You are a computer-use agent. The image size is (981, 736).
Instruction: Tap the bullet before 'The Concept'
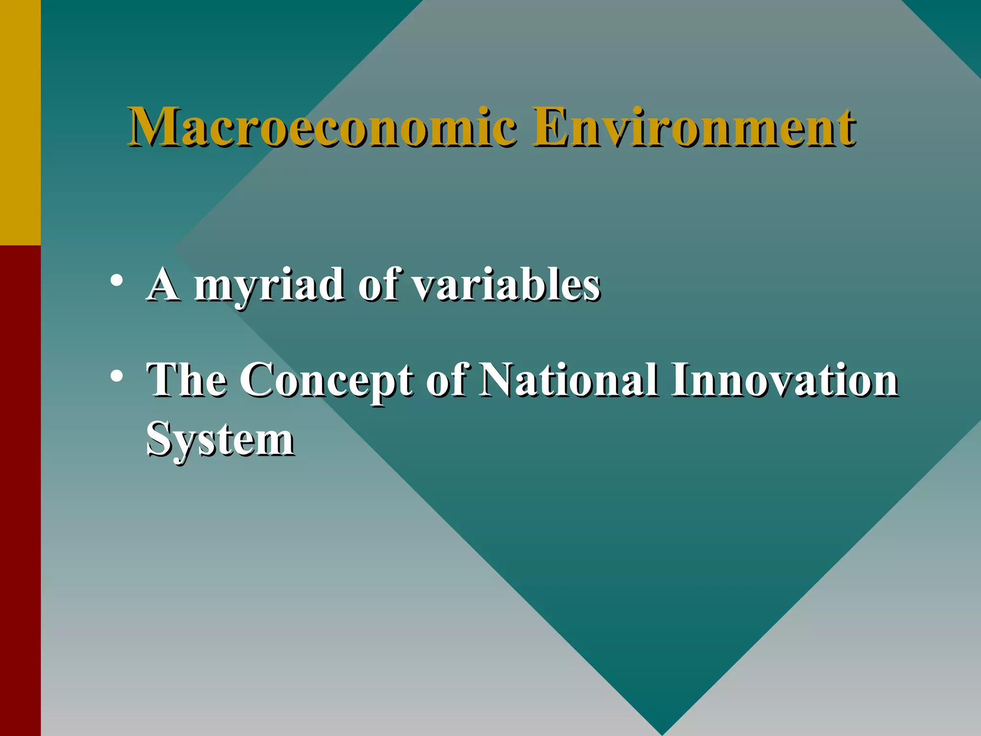pos(115,376)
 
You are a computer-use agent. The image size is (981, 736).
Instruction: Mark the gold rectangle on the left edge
pos(20,122)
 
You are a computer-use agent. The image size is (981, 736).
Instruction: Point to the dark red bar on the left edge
pos(20,489)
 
